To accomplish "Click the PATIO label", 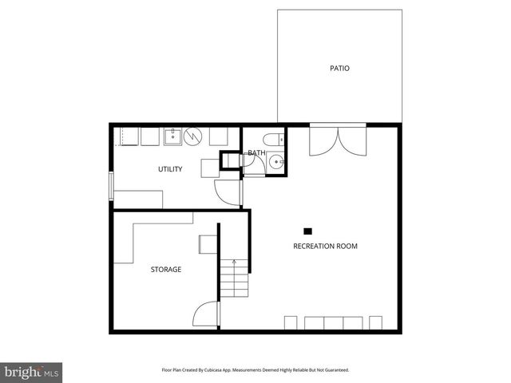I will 339,69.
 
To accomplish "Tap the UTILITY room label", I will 169,169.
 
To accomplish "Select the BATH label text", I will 256,153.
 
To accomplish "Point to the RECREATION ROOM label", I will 325,247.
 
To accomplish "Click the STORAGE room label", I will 166,270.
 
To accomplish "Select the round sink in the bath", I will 275,162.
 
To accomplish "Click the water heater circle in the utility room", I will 193,136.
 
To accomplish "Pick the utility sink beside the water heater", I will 173,136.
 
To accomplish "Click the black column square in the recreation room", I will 307,231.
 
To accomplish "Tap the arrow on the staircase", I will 234,262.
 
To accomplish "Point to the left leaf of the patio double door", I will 321,141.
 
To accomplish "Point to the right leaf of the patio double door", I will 353,141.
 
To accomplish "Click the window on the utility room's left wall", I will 111,186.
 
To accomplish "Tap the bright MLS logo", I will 32,373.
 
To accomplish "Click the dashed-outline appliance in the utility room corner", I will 126,136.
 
